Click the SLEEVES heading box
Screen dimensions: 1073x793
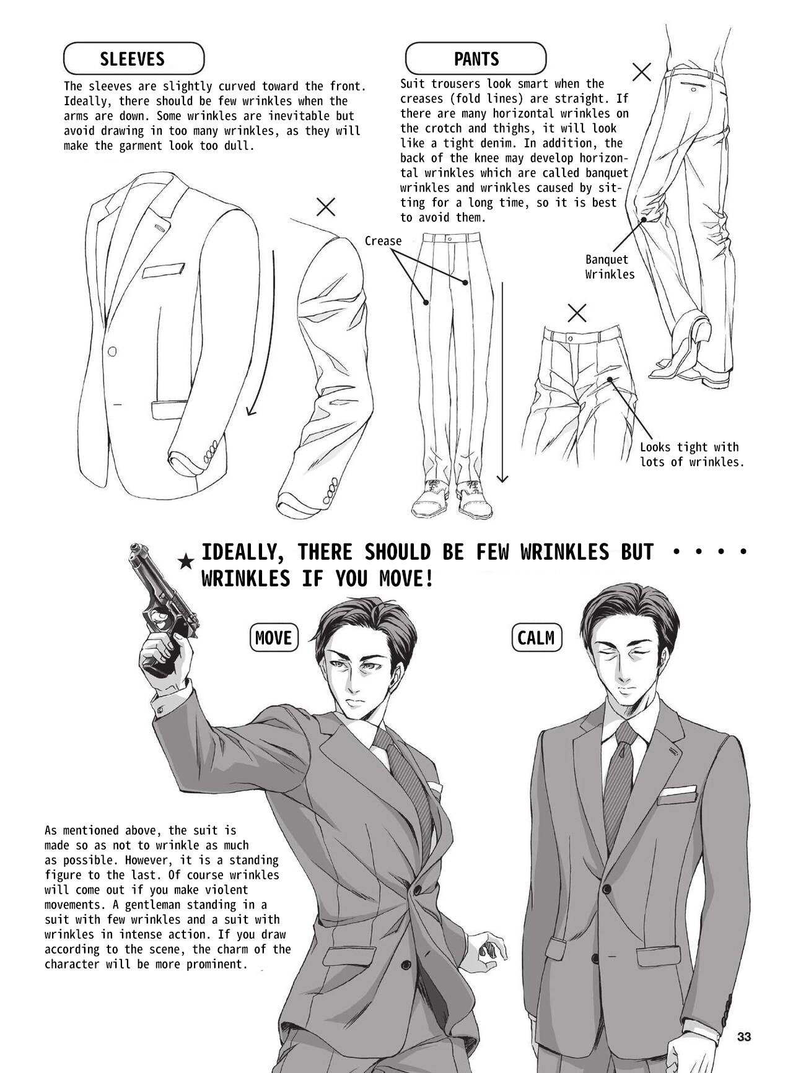pos(133,59)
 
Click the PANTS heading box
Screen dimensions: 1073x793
pos(476,59)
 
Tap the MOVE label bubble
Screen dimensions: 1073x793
pos(273,637)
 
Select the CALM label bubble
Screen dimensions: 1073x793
pos(537,638)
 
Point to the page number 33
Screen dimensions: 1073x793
pos(744,1036)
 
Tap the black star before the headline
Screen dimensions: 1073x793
pos(185,562)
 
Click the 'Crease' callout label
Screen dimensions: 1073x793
pos(383,241)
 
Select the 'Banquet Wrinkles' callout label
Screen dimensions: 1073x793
pos(610,267)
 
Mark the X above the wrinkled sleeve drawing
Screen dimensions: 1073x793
pos(326,207)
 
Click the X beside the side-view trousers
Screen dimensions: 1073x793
pos(642,72)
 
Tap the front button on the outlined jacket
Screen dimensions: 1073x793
pos(112,352)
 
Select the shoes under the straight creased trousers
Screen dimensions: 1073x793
pos(452,498)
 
